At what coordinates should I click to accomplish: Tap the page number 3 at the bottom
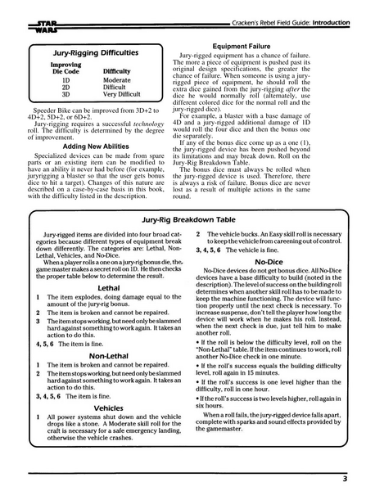[346, 478]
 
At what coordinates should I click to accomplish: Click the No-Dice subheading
[269, 262]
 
